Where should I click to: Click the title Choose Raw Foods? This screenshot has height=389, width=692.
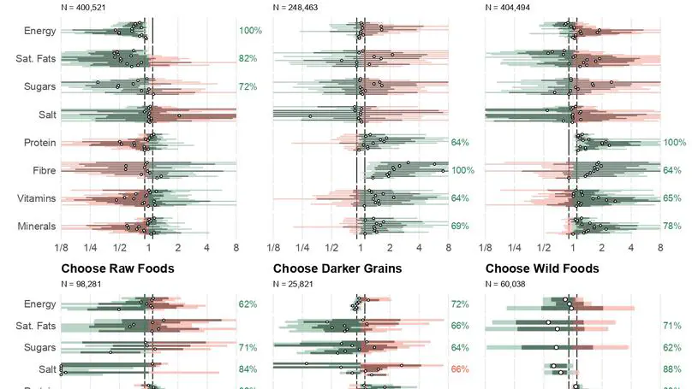click(x=117, y=268)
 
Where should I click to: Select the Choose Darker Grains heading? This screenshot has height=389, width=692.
click(x=337, y=268)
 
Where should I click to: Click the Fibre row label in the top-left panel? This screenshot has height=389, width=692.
click(x=43, y=171)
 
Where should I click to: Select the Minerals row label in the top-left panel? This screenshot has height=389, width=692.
click(x=37, y=227)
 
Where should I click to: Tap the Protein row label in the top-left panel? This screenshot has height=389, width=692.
click(x=39, y=143)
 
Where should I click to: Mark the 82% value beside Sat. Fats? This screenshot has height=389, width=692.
click(x=248, y=59)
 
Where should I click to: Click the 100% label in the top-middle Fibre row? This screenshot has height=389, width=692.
click(x=462, y=171)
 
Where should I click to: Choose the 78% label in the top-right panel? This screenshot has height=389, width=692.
click(x=673, y=227)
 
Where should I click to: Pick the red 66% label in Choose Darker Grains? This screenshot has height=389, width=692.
click(x=461, y=369)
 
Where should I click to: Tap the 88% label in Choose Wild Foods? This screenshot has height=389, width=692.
click(x=672, y=369)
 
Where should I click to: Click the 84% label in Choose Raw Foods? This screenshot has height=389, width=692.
click(x=248, y=369)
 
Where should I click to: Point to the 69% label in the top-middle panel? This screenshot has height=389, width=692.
click(x=461, y=227)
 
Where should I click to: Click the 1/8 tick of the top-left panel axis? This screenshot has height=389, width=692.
click(x=61, y=248)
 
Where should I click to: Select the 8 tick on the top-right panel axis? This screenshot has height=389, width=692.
click(x=660, y=248)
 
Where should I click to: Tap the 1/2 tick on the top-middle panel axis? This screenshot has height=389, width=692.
click(x=331, y=248)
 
